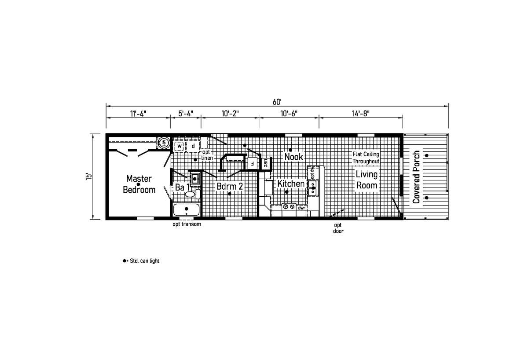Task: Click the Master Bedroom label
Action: point(139,184)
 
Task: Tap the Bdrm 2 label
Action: point(230,186)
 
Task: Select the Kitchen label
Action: point(291,184)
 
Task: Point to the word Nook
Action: point(293,157)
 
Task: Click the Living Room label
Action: point(367,180)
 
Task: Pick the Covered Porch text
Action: point(416,177)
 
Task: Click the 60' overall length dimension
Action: point(277,102)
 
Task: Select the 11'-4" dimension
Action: point(138,114)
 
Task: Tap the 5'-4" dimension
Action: point(186,114)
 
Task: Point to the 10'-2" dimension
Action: point(230,114)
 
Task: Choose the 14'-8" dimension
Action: point(361,114)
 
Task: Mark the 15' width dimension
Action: point(88,177)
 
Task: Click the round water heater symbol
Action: point(164,143)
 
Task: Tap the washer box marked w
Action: point(180,146)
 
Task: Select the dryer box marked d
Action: point(193,146)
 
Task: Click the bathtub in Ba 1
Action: point(187,209)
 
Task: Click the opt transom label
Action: point(187,224)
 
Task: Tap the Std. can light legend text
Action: point(144,261)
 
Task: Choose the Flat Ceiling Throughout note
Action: point(366,158)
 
